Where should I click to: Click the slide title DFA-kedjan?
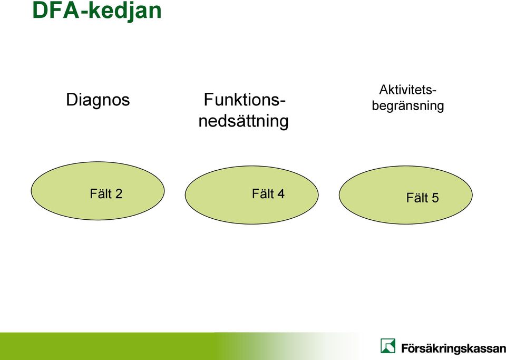(x=97, y=11)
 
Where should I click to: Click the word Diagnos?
(x=98, y=100)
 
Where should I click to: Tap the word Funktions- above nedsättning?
(x=244, y=100)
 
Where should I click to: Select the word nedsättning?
(x=244, y=121)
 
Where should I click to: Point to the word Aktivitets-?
(x=408, y=90)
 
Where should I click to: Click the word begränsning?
(x=408, y=106)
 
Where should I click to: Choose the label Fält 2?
(x=106, y=193)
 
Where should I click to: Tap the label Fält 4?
(x=268, y=193)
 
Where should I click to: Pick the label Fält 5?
(x=422, y=198)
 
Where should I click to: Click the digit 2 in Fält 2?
(x=119, y=194)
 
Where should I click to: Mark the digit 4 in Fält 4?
(x=281, y=194)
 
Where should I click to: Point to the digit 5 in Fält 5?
(x=435, y=198)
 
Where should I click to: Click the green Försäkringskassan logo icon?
(x=387, y=346)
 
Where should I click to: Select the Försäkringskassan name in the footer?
(x=453, y=348)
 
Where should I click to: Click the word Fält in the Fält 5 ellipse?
(x=417, y=198)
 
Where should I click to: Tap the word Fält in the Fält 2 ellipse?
(x=101, y=193)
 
